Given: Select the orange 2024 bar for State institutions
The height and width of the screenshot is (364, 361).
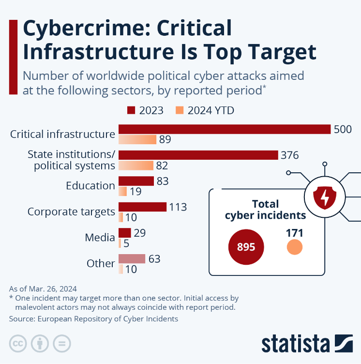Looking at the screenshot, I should point(136,166).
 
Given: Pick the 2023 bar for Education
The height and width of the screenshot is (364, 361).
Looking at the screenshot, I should point(136,181).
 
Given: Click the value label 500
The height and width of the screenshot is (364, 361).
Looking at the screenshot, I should point(343,129).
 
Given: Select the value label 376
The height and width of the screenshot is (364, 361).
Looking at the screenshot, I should point(289,155).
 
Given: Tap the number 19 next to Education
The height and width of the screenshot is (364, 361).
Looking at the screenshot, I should point(135,192).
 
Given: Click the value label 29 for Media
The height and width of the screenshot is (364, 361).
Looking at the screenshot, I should point(140,233).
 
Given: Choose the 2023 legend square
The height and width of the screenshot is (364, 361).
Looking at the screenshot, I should point(131,110).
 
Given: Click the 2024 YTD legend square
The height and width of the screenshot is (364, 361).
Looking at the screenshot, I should point(180,110).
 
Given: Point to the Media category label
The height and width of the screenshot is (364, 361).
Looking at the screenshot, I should point(100,238).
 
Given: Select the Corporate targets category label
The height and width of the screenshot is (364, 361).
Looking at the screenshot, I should point(71,212).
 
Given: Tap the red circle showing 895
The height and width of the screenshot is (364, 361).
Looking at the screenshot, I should point(246,247).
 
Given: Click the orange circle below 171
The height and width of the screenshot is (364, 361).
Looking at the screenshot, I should point(294,248).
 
